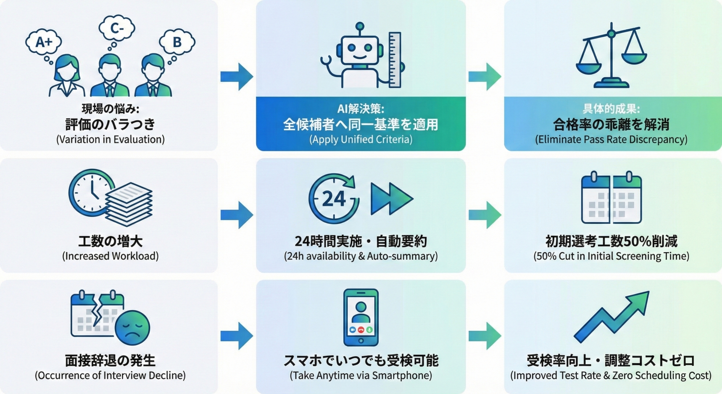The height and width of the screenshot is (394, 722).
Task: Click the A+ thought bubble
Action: (44, 42)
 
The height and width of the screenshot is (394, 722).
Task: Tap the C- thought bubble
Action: (117, 29)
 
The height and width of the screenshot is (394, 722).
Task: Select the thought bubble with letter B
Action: (177, 42)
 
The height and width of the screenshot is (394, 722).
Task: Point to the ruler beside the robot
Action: (395, 60)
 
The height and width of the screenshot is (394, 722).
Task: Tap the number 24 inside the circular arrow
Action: (334, 199)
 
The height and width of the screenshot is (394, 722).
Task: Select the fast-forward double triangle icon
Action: (391, 199)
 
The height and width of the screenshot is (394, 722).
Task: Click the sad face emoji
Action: (132, 328)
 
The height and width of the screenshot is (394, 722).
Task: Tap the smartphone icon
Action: (361, 317)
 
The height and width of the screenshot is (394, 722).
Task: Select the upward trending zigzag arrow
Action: (612, 318)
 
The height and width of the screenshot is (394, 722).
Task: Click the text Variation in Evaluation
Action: (110, 140)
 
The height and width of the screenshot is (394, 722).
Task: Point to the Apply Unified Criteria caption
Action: (361, 140)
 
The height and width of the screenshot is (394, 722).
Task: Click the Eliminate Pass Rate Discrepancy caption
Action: (611, 140)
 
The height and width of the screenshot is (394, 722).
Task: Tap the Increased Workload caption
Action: (110, 256)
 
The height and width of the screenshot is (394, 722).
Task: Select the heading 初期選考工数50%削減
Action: (611, 241)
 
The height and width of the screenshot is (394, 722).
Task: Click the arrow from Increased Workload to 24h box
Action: (236, 215)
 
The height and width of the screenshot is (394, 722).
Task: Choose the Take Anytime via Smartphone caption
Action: (361, 376)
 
